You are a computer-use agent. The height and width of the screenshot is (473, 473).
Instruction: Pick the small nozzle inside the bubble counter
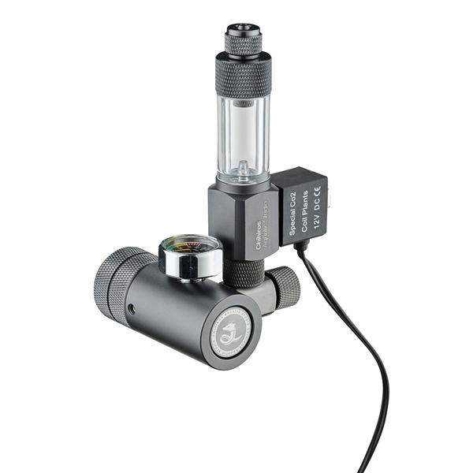(244, 166)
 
